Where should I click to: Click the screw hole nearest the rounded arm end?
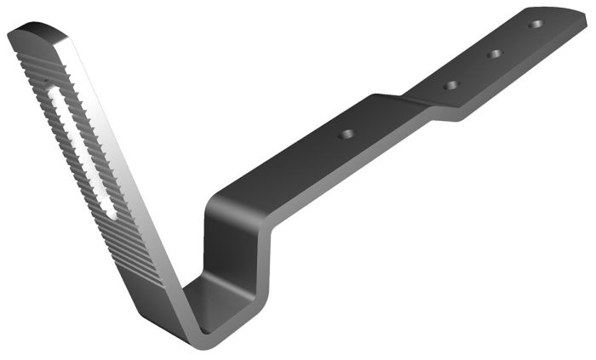click(x=535, y=24)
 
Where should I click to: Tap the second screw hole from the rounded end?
click(x=494, y=54)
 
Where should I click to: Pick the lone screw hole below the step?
click(x=346, y=134)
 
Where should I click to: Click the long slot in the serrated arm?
click(x=81, y=149)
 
